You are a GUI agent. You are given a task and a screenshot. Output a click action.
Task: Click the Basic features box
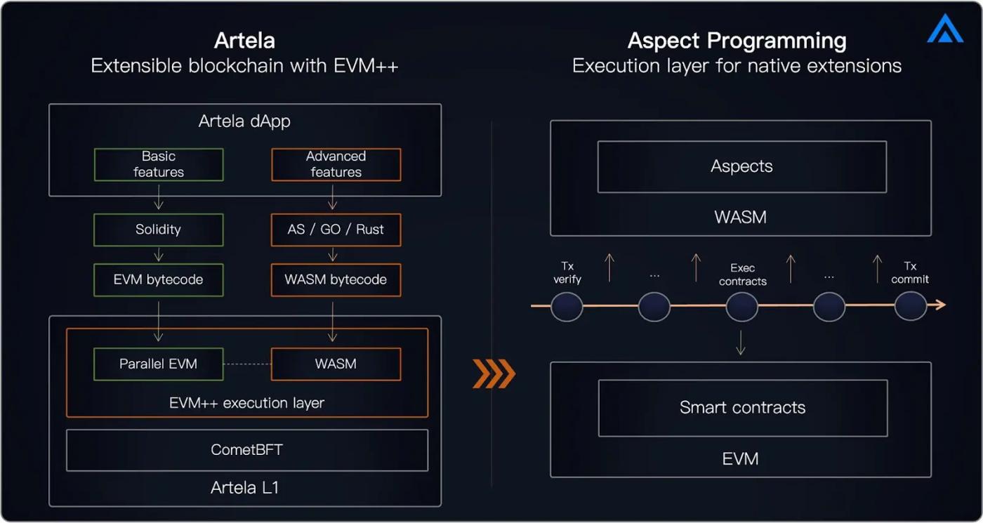pyautogui.click(x=159, y=164)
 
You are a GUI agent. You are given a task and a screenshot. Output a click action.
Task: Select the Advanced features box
pyautogui.click(x=336, y=164)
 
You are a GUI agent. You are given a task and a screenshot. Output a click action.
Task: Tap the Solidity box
pyautogui.click(x=159, y=230)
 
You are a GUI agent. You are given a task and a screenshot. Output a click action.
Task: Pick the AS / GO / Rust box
pyautogui.click(x=336, y=230)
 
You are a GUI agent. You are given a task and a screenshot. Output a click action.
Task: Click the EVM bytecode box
pyautogui.click(x=159, y=279)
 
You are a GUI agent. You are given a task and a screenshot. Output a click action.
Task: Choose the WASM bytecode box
pyautogui.click(x=336, y=279)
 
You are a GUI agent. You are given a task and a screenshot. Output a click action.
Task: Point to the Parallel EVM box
pyautogui.click(x=159, y=364)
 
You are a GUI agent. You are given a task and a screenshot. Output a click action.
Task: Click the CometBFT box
pyautogui.click(x=246, y=450)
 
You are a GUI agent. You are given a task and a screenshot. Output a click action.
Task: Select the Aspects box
pyautogui.click(x=741, y=166)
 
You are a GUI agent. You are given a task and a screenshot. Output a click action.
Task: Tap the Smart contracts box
pyautogui.click(x=742, y=408)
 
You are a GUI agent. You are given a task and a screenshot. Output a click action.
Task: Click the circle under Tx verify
pyautogui.click(x=567, y=306)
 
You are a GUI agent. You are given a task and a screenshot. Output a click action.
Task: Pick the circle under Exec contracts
pyautogui.click(x=741, y=306)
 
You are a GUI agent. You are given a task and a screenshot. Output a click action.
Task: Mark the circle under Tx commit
pyautogui.click(x=910, y=306)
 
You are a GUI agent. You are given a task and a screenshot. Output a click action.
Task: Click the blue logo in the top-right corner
pyautogui.click(x=944, y=29)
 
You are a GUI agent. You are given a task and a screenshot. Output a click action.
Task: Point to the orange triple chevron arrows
pyautogui.click(x=494, y=373)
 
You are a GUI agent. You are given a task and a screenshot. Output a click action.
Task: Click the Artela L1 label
pyautogui.click(x=244, y=487)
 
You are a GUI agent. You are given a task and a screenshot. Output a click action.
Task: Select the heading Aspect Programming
pyautogui.click(x=737, y=40)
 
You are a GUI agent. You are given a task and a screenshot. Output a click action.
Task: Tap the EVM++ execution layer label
pyautogui.click(x=246, y=403)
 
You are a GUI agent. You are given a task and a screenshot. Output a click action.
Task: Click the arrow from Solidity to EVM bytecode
pyautogui.click(x=159, y=254)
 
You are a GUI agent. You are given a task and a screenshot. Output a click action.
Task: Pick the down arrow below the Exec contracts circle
pyautogui.click(x=741, y=343)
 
